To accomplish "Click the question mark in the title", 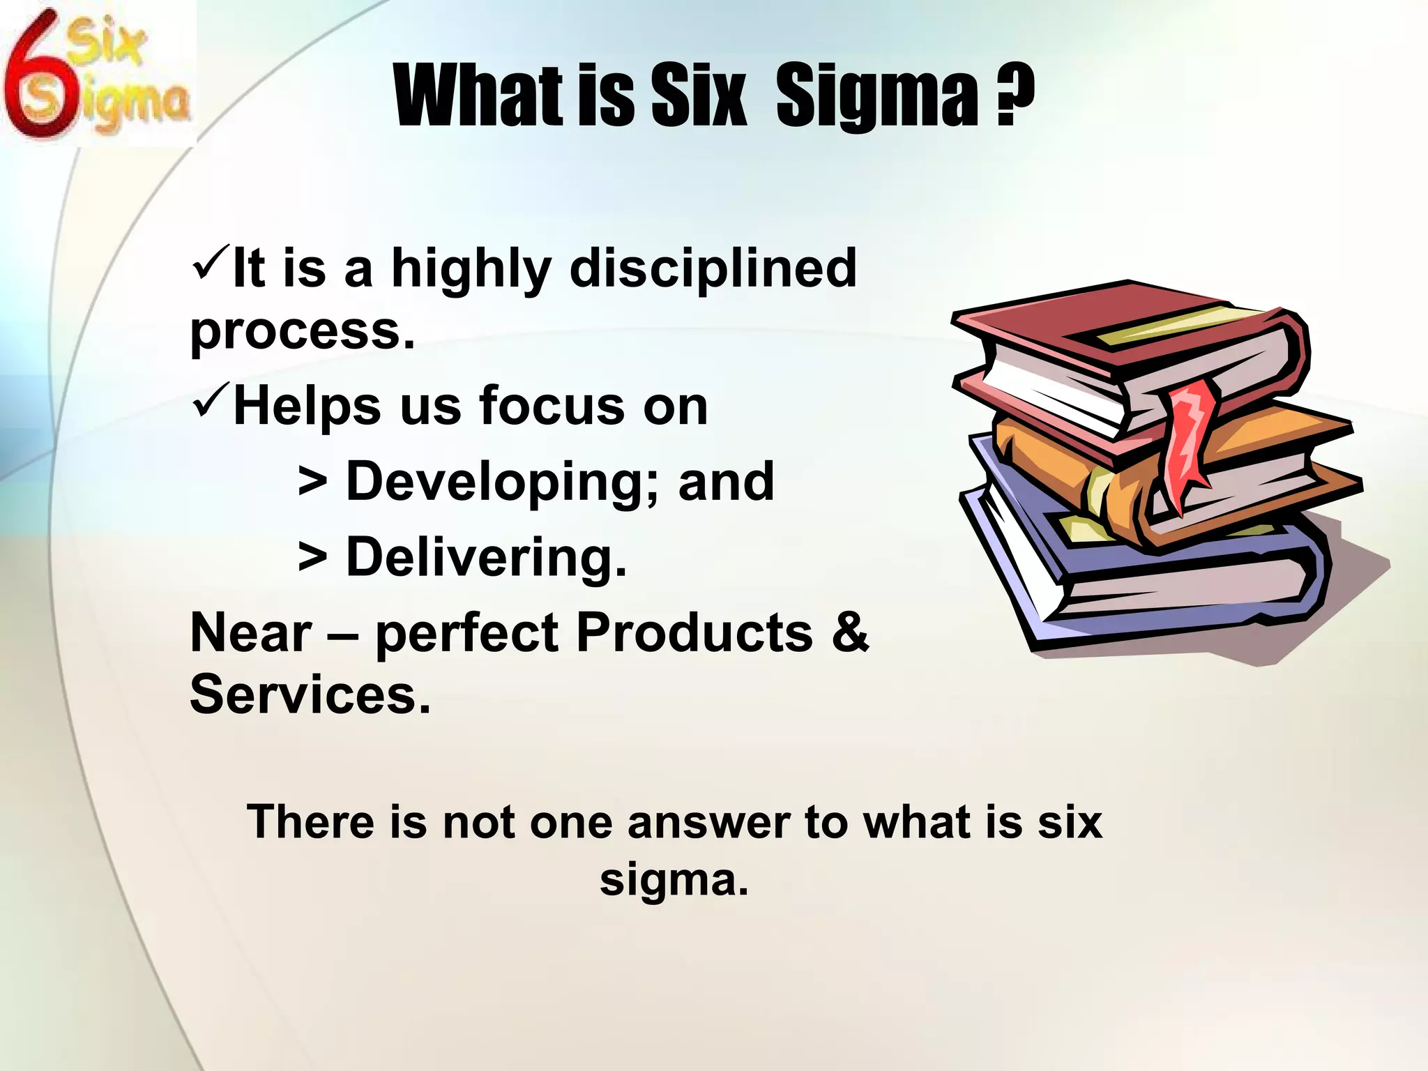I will tap(1015, 98).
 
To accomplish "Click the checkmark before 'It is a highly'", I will tap(210, 261).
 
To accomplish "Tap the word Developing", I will tap(502, 483).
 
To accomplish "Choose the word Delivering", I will tap(486, 558).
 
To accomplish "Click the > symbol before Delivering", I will tap(312, 558).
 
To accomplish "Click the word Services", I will tap(310, 694).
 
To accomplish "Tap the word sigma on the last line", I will tap(674, 880).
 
